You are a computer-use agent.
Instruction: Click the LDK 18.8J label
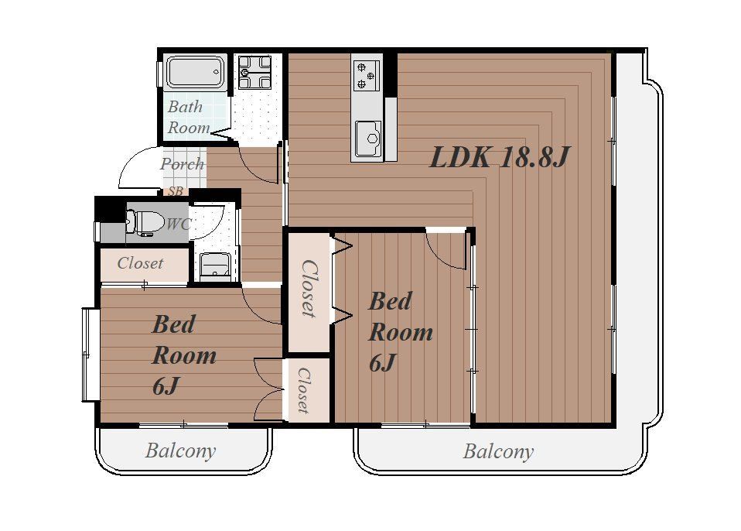[500, 157]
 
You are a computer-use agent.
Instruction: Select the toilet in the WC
[140, 222]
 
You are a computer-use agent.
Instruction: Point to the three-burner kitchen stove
[367, 76]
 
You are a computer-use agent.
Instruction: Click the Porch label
[182, 164]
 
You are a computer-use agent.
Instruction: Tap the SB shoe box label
[176, 191]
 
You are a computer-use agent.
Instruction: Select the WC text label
[178, 224]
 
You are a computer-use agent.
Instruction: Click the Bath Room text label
[188, 117]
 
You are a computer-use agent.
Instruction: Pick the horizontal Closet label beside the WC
[140, 263]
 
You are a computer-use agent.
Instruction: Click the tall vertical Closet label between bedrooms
[309, 288]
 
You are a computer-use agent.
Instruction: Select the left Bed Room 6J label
[184, 355]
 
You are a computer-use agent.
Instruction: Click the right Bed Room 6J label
[400, 332]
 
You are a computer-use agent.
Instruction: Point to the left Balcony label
[180, 450]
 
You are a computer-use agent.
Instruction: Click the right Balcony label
[498, 451]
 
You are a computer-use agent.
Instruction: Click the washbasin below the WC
[215, 266]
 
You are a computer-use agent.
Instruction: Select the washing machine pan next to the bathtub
[254, 72]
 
